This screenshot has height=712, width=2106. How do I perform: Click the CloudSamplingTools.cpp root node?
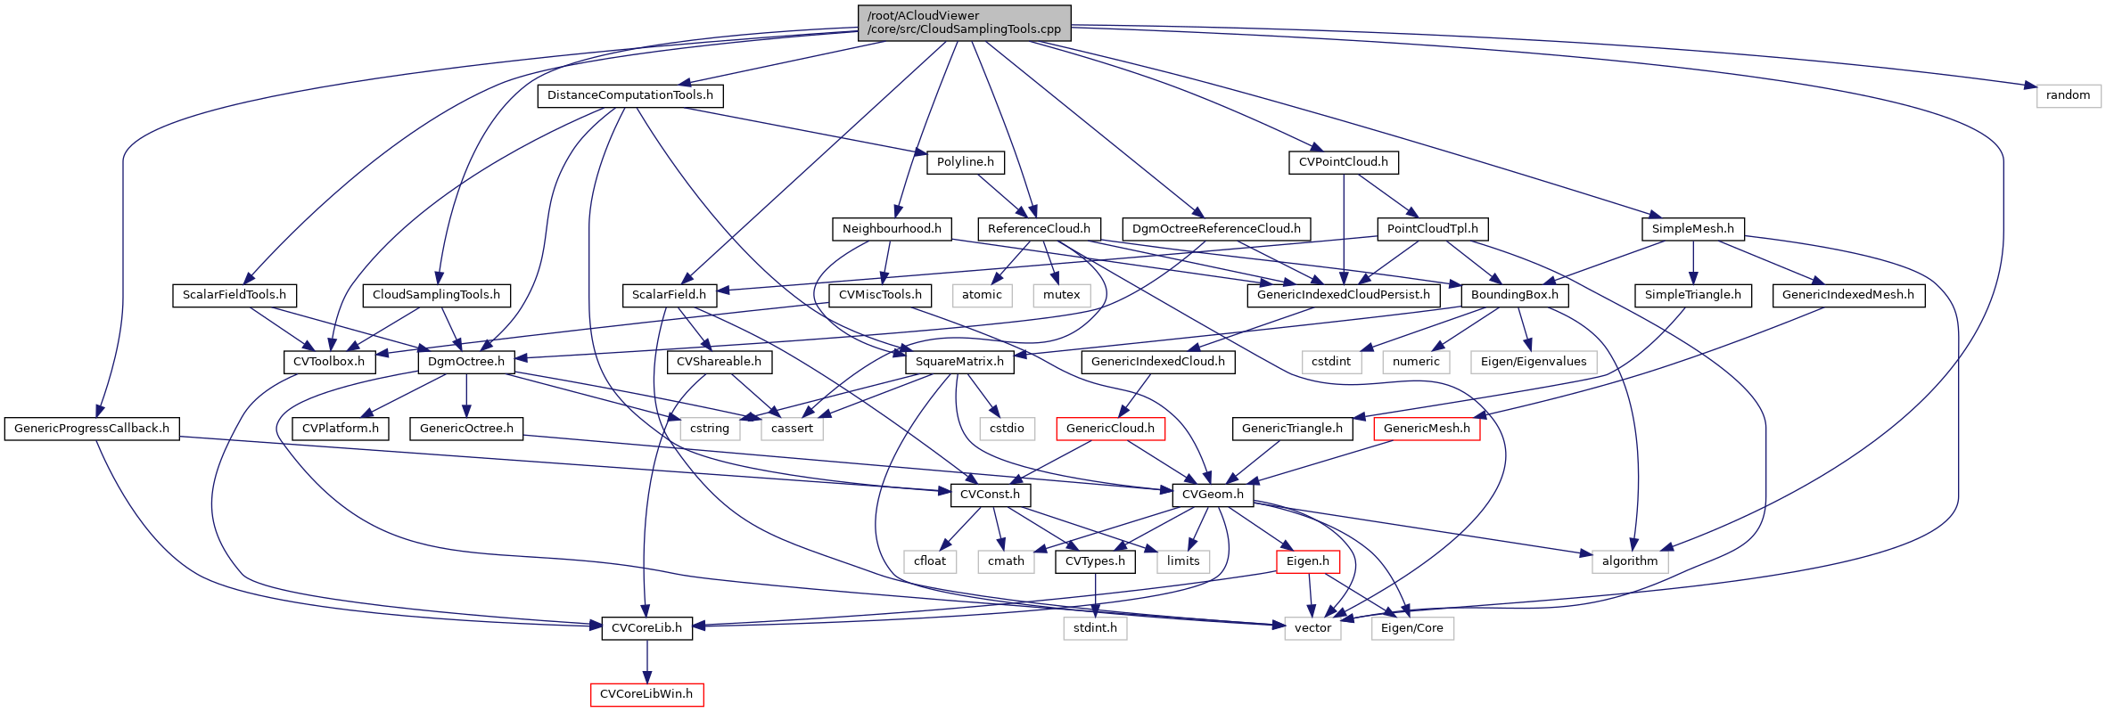click(x=964, y=22)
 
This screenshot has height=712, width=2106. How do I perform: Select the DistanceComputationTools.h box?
click(x=629, y=95)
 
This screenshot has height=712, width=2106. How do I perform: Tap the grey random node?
click(x=2068, y=95)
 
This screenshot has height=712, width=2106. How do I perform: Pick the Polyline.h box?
click(x=965, y=162)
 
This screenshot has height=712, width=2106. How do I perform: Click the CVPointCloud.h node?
click(x=1343, y=162)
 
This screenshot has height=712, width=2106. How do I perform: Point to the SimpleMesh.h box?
click(x=1692, y=229)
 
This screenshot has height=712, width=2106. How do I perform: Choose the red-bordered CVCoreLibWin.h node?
click(x=646, y=694)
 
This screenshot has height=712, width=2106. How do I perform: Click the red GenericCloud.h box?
click(x=1110, y=429)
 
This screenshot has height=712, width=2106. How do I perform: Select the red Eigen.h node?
click(x=1307, y=561)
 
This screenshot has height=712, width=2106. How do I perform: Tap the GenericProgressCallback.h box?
click(x=92, y=429)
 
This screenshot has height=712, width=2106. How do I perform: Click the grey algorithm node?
click(x=1629, y=561)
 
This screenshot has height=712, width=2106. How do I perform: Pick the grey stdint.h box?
click(x=1095, y=628)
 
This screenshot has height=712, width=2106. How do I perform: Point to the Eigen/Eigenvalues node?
click(x=1533, y=362)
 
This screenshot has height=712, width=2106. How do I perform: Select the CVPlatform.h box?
click(x=340, y=429)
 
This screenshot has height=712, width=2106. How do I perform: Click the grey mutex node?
click(x=1061, y=295)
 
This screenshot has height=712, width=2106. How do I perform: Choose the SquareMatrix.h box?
click(x=958, y=362)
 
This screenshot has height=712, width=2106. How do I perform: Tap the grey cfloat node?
click(x=929, y=561)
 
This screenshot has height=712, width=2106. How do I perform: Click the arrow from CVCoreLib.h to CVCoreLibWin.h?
click(x=647, y=660)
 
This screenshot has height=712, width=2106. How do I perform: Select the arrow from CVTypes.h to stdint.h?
click(x=1095, y=594)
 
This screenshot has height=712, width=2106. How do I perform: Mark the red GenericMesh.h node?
click(x=1427, y=429)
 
